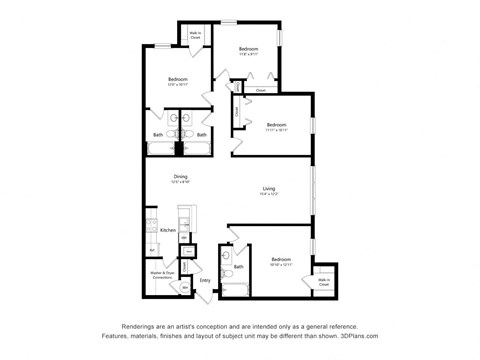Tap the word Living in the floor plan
point(269,189)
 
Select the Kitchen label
point(167,230)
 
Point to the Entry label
point(205,281)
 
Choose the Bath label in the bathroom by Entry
point(239,267)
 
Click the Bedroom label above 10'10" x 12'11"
point(280,259)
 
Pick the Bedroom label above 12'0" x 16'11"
point(178,79)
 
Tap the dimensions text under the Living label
point(269,195)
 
